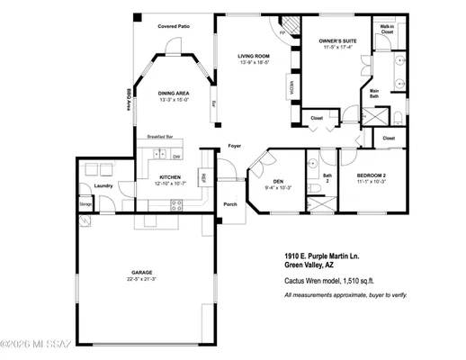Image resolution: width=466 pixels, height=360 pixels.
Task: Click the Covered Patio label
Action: (175, 27)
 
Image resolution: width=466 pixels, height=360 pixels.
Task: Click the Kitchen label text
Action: (171, 177)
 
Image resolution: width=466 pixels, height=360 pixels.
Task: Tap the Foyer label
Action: (235, 145)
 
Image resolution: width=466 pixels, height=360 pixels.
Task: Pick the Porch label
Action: (229, 203)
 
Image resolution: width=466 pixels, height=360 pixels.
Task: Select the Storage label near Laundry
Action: (85, 205)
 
